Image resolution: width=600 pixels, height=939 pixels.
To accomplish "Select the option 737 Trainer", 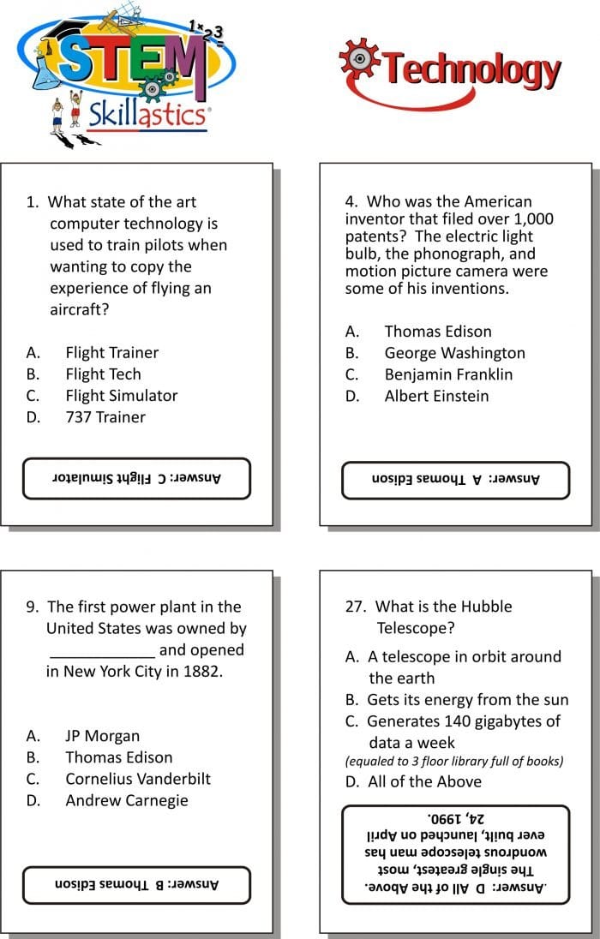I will coord(105,417).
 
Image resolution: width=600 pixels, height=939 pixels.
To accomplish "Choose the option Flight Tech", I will coord(103,374).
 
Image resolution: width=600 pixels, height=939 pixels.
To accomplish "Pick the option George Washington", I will coord(454,353).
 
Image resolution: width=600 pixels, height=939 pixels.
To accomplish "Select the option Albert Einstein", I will coord(436,396).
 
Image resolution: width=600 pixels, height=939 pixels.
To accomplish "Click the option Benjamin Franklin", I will coord(448,374).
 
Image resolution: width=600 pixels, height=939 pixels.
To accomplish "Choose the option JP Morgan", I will coord(102,736).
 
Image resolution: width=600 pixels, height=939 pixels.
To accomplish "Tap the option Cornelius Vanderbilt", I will coord(137,779).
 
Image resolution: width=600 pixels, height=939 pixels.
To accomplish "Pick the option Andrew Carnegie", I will coord(126,800).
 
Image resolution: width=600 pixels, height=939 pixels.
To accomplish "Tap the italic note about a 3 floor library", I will coord(454,761).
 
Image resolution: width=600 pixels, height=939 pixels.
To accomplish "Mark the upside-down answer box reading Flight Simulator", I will coord(136,478).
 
